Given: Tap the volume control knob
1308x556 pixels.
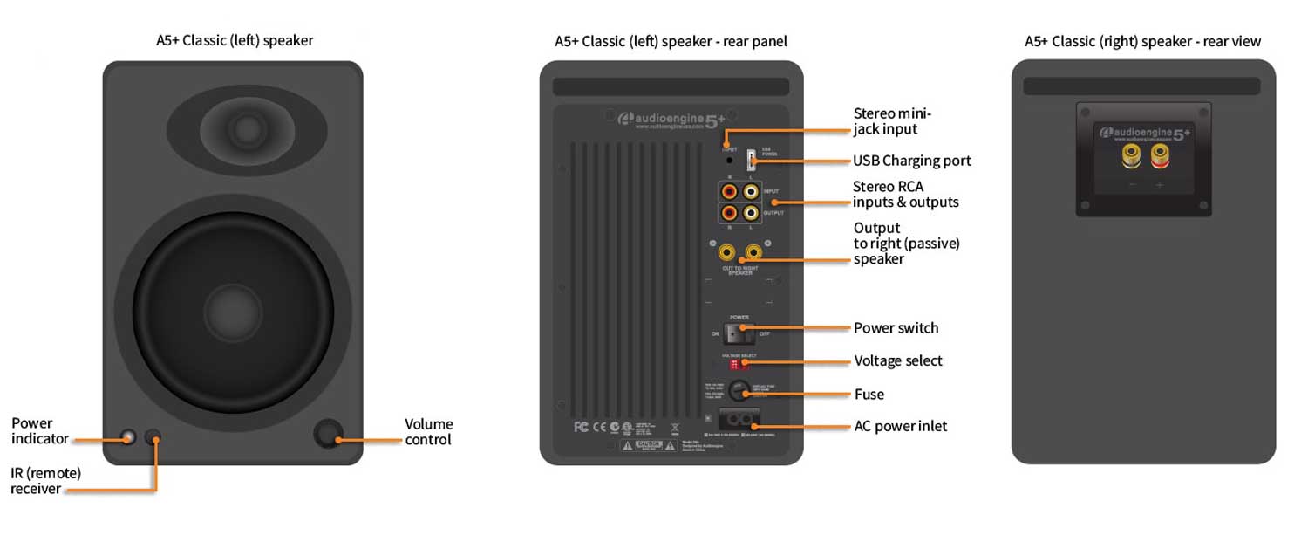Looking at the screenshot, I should [328, 433].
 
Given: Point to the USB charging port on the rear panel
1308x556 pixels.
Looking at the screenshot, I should [751, 161].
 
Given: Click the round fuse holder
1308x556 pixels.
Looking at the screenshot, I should [739, 390].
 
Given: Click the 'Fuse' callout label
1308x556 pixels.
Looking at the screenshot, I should [869, 395].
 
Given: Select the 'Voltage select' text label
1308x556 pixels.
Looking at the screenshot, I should [897, 361].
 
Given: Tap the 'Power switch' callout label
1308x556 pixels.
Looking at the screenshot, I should [896, 328].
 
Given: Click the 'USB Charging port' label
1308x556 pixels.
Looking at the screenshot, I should [911, 161].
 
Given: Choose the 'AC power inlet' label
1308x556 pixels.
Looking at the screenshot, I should [900, 427].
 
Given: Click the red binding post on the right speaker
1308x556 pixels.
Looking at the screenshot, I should [1160, 157].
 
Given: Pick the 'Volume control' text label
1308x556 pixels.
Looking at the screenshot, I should [428, 432].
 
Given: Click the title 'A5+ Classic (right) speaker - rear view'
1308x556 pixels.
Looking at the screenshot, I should [1142, 41].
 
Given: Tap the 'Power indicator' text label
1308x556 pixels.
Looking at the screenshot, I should [39, 431].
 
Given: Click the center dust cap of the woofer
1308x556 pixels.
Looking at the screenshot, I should [234, 312].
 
